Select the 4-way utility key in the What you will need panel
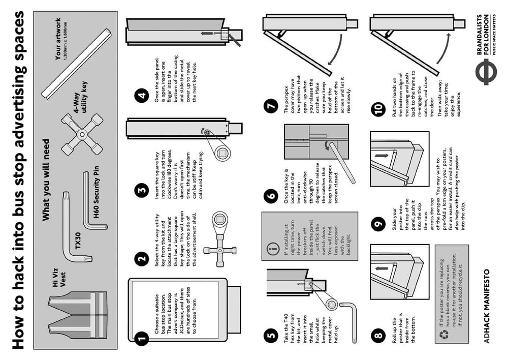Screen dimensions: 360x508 coord(82,133)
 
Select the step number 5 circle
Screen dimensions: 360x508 coord(270,335)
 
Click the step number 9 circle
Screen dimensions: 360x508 coord(378,224)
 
